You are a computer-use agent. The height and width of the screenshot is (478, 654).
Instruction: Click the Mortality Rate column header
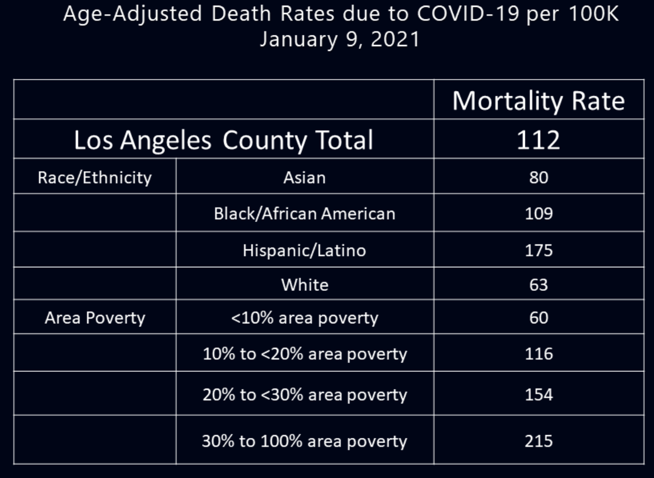tap(538, 101)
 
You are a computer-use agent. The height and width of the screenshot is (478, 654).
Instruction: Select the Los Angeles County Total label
tap(223, 140)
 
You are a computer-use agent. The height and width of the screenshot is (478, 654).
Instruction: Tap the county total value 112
tap(538, 140)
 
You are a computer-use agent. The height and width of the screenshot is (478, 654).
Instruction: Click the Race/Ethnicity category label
tap(95, 178)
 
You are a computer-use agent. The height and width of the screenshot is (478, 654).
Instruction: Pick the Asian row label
tap(304, 178)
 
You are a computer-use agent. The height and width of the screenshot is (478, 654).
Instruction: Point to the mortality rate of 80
tap(538, 178)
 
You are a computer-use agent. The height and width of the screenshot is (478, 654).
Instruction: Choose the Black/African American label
tap(304, 214)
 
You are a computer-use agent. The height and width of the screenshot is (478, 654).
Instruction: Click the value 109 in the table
tap(538, 214)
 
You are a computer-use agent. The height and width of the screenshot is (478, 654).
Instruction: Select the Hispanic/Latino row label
tap(304, 250)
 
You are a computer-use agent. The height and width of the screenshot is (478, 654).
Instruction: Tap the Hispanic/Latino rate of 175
tap(538, 250)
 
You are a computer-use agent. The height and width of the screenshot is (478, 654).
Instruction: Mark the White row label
tap(304, 285)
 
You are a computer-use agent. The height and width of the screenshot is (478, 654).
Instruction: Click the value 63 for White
tap(538, 285)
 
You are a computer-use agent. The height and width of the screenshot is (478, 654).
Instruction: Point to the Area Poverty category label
tap(95, 318)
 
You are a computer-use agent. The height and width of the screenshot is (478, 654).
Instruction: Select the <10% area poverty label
tap(304, 318)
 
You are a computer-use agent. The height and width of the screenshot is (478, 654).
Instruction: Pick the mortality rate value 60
tap(538, 318)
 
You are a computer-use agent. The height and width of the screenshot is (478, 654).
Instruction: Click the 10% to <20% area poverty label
tap(304, 354)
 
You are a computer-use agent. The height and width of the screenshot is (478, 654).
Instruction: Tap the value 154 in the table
tap(538, 394)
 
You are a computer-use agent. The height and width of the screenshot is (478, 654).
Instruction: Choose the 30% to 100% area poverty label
tap(304, 441)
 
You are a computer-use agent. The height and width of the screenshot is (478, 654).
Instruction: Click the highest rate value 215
tap(538, 441)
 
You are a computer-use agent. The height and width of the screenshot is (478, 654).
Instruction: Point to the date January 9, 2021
tap(339, 39)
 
